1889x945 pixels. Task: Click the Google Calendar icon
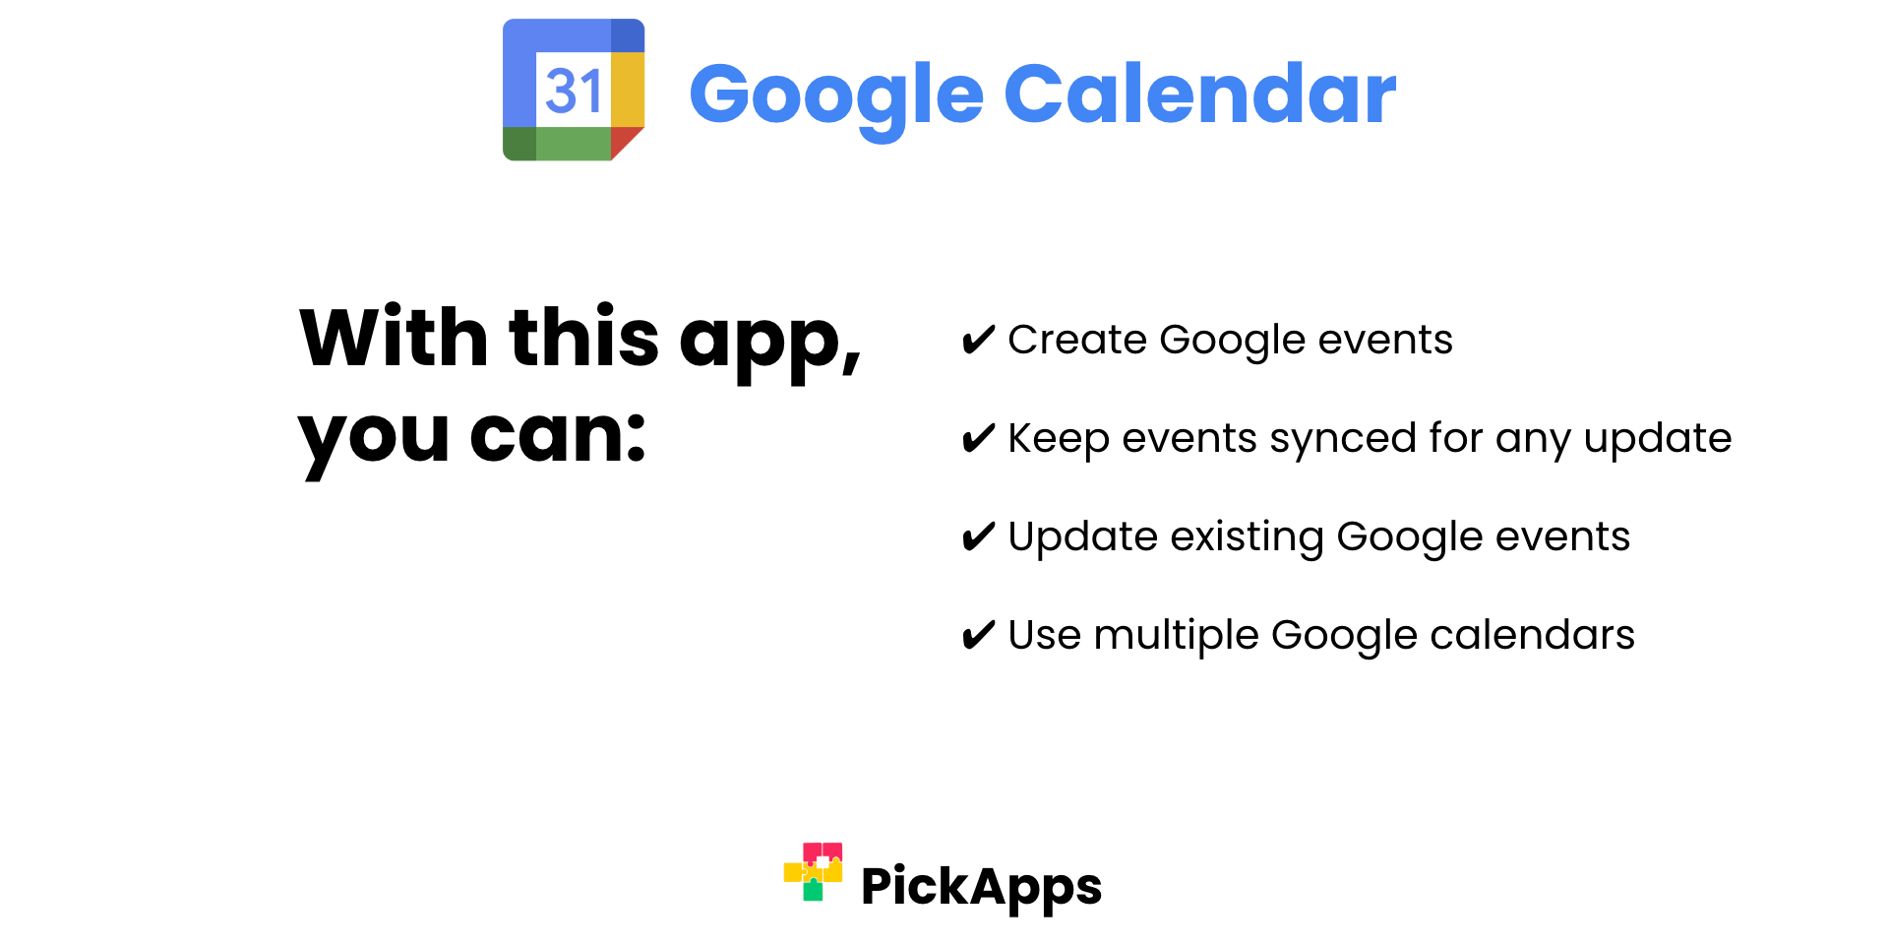[x=574, y=90]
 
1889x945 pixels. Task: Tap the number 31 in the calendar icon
[x=574, y=92]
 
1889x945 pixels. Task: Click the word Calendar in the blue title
[x=1199, y=94]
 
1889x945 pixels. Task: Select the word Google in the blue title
[x=836, y=98]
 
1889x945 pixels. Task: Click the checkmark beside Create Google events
[x=978, y=340]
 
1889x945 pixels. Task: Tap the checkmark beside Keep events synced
[x=978, y=438]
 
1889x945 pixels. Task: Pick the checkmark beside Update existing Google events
[x=978, y=536]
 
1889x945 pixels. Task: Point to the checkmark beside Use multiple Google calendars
[x=978, y=635]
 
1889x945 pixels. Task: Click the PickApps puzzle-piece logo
[x=813, y=871]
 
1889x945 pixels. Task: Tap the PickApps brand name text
[x=981, y=888]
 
